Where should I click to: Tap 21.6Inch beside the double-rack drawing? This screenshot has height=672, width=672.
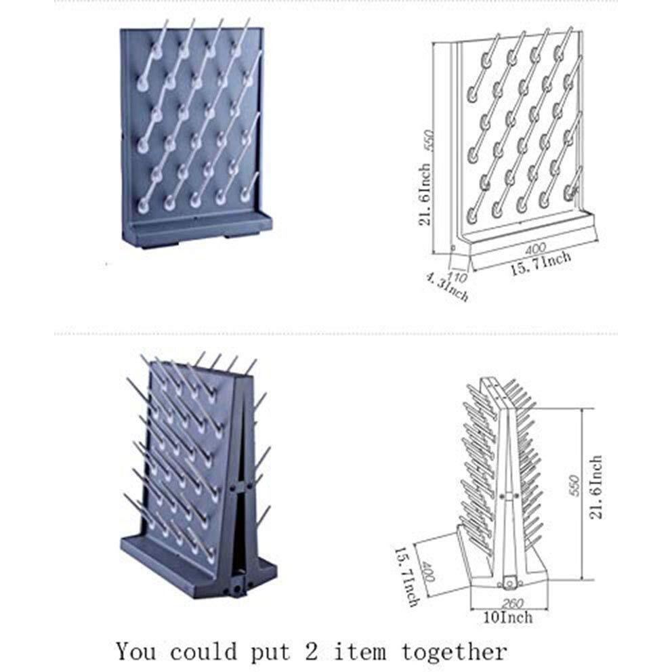pos(595,487)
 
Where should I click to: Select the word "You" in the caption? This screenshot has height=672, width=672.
pos(138,652)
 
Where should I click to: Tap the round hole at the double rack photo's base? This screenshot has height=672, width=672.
pos(236,590)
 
